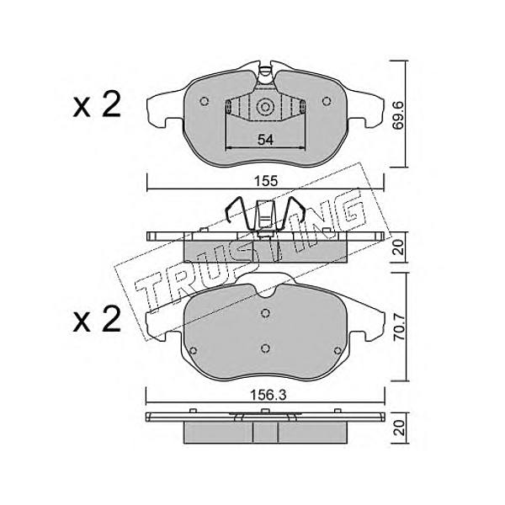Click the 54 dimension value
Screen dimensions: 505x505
tap(265, 140)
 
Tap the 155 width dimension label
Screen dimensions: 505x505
tap(265, 181)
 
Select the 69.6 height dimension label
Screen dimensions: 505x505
tap(399, 114)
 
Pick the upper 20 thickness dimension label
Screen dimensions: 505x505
tap(399, 247)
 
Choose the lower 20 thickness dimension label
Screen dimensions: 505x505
tap(399, 428)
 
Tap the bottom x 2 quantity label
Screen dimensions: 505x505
tap(97, 319)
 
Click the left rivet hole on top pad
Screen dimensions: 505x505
tap(204, 102)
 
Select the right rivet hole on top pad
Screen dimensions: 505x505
tap(327, 102)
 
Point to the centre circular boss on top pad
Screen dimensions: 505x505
tap(265, 107)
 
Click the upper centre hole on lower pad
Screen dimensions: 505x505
tap(265, 313)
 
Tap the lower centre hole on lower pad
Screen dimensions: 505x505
tap(265, 348)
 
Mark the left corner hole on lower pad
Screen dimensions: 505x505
tap(194, 351)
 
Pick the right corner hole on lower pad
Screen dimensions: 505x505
tap(338, 351)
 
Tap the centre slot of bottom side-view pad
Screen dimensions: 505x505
tap(265, 433)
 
